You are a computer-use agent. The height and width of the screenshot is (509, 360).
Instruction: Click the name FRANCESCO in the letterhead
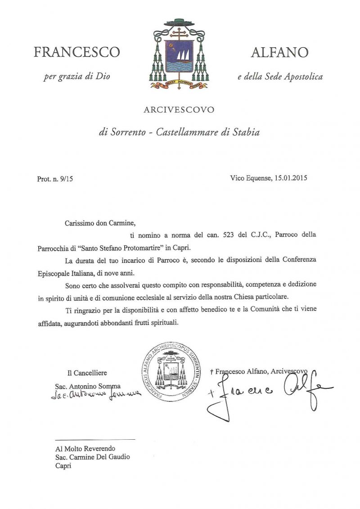pyautogui.click(x=77, y=53)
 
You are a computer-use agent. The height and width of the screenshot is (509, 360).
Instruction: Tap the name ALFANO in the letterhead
pyautogui.click(x=279, y=53)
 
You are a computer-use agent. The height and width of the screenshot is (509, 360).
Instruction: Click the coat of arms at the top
pyautogui.click(x=180, y=54)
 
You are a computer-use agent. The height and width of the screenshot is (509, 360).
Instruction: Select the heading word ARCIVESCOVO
pyautogui.click(x=179, y=109)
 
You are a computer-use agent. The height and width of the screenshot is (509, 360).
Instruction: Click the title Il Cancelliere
pyautogui.click(x=87, y=373)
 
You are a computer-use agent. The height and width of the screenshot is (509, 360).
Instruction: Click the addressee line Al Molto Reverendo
pyautogui.click(x=85, y=448)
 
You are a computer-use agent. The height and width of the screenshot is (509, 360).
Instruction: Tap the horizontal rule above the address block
pyautogui.click(x=95, y=439)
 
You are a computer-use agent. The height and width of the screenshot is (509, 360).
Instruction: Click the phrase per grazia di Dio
pyautogui.click(x=77, y=77)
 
